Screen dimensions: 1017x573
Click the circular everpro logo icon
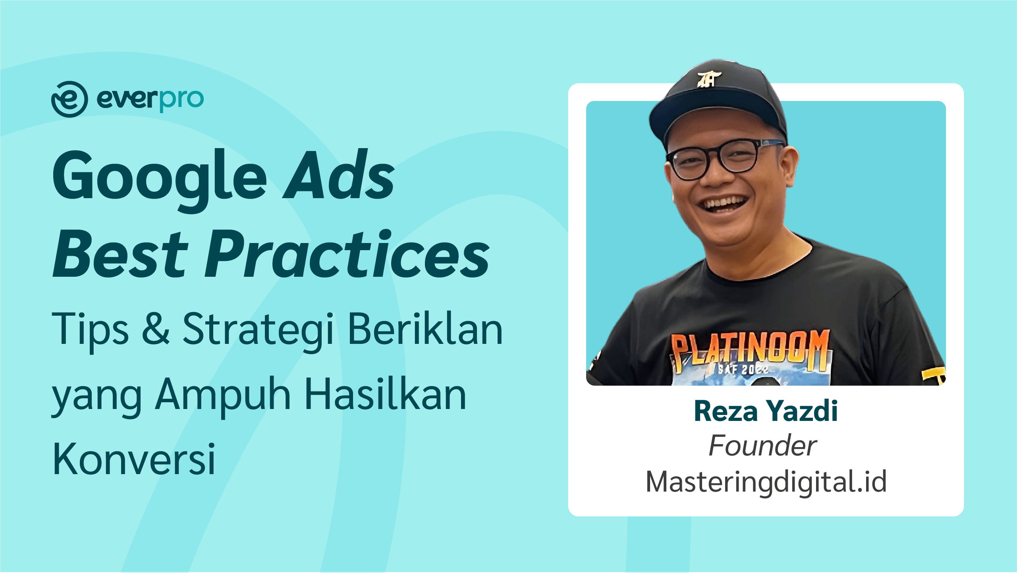[x=69, y=99]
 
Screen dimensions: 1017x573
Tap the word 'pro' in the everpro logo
[x=181, y=100]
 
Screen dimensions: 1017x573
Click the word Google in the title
[x=160, y=179]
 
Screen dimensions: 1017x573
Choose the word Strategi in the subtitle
[x=258, y=332]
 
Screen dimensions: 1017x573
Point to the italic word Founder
[x=763, y=446]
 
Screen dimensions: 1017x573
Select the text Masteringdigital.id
[x=766, y=482]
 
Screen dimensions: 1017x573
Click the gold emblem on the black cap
[x=709, y=79]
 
